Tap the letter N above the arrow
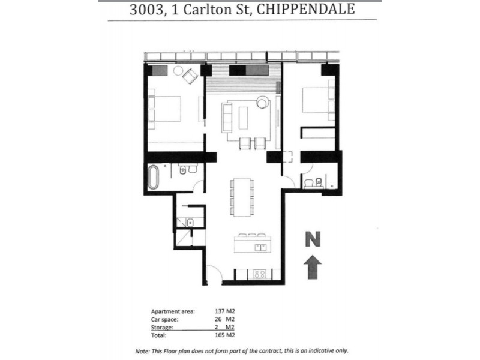(311, 238)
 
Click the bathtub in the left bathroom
(152, 178)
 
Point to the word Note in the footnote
(143, 351)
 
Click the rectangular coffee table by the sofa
(243, 116)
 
